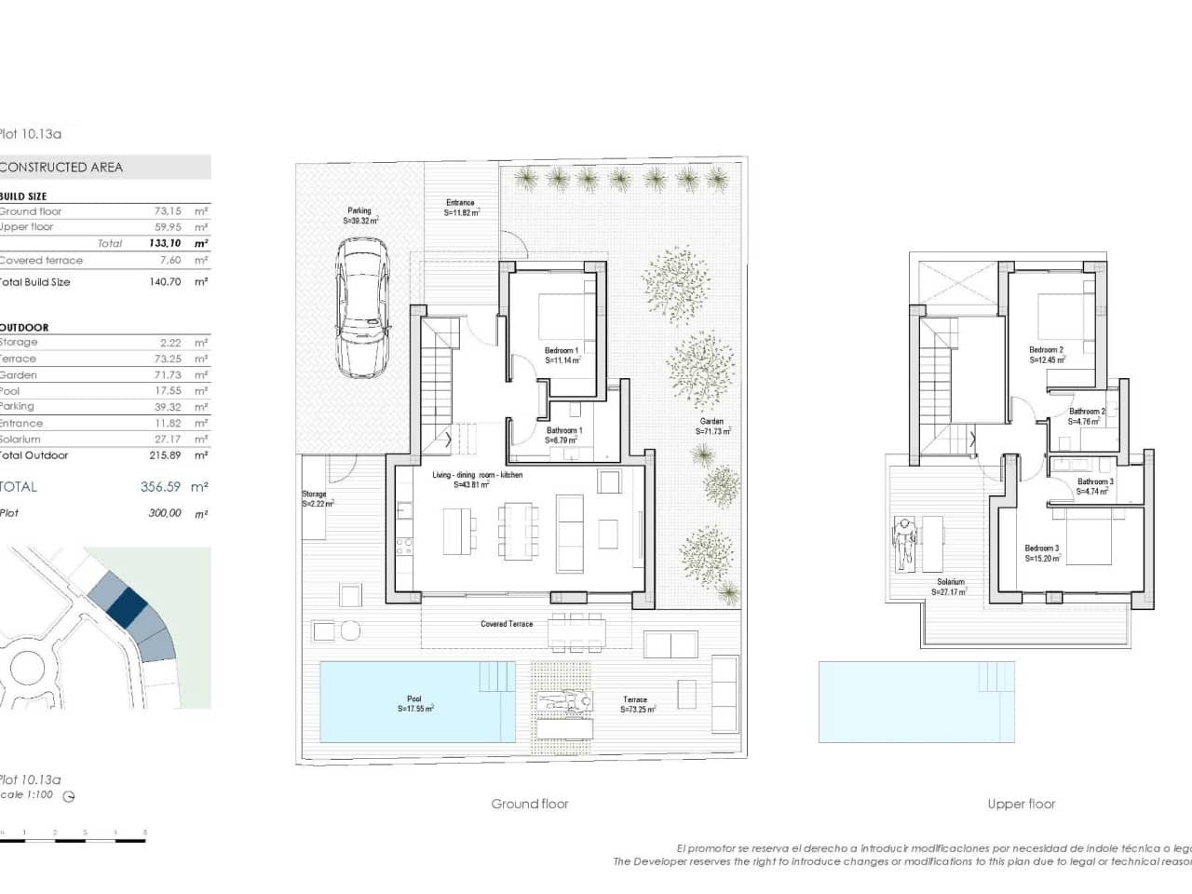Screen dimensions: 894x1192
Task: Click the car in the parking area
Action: click(361, 306)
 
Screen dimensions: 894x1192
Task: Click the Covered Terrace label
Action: click(507, 624)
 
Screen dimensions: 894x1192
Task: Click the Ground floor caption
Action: click(529, 804)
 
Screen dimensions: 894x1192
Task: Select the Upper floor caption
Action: click(1021, 804)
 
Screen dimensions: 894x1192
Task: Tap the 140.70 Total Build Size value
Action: click(165, 281)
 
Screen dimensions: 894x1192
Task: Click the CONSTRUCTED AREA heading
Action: click(61, 168)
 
